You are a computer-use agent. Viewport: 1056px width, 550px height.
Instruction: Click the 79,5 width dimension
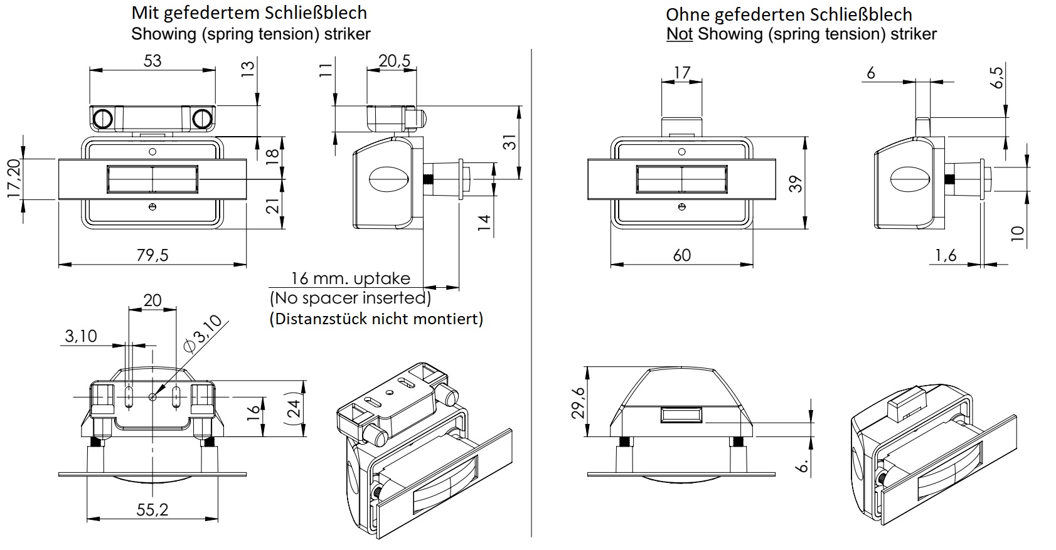coord(152,255)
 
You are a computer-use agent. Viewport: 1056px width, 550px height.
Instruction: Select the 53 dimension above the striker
coord(152,61)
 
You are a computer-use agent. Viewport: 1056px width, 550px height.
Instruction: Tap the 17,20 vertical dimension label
coord(14,179)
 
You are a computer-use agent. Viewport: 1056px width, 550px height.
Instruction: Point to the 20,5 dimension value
coord(395,61)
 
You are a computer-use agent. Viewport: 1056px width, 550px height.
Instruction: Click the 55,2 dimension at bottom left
coord(152,510)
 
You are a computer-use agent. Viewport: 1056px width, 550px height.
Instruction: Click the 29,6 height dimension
coord(579,402)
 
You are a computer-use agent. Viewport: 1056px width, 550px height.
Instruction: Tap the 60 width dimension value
coord(681,255)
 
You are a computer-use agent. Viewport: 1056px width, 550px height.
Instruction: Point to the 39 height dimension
coord(796,184)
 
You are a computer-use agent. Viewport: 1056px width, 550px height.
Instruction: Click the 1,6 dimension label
coord(946,255)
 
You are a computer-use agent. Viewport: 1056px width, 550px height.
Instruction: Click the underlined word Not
coord(679,34)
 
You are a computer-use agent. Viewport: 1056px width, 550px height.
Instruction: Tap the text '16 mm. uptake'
coord(350,278)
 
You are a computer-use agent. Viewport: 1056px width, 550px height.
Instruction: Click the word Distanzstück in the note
coord(319,319)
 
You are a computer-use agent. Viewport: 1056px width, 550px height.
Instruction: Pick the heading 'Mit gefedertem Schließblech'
coord(249,13)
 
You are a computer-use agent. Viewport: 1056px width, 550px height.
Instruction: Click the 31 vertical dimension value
coord(511,142)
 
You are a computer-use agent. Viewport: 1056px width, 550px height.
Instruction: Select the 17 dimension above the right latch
coord(681,73)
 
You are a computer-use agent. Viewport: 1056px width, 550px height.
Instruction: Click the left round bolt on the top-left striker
coord(103,118)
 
